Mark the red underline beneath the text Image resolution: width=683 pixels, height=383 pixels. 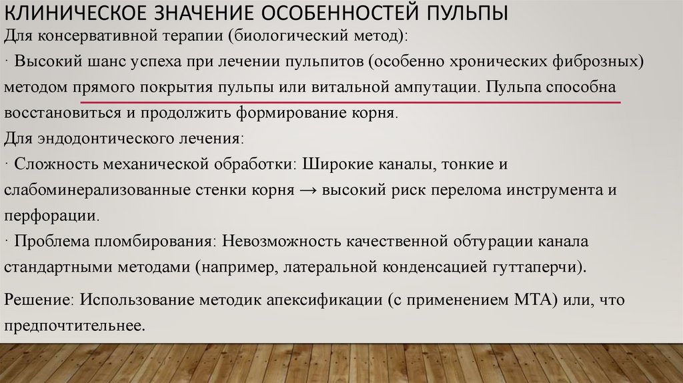(x=350, y=102)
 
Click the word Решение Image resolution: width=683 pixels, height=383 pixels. (x=37, y=300)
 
